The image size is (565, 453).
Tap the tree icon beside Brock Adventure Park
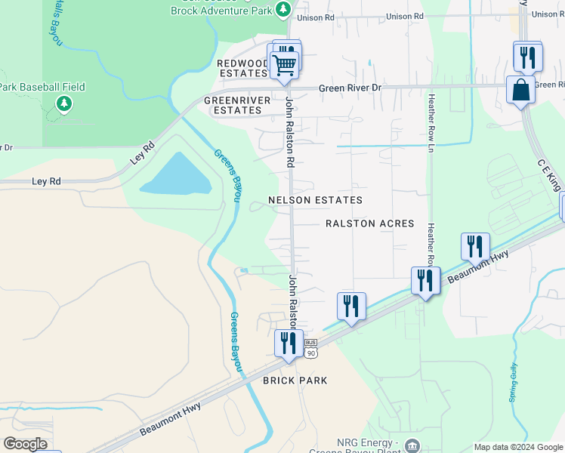click(x=282, y=9)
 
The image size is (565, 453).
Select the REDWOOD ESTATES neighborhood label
click(x=242, y=69)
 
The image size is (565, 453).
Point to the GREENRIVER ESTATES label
click(x=233, y=105)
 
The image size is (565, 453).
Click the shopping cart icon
click(x=284, y=65)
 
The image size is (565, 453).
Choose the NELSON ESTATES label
click(x=315, y=200)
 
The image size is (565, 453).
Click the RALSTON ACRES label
click(x=369, y=223)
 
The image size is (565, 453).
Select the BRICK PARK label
click(x=295, y=381)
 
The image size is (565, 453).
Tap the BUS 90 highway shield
click(x=311, y=348)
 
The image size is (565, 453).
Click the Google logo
click(x=25, y=444)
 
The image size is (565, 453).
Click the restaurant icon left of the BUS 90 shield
click(x=288, y=343)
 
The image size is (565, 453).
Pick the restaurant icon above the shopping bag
click(x=527, y=56)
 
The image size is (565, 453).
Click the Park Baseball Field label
click(x=42, y=87)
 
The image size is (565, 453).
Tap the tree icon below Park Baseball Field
click(x=64, y=103)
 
